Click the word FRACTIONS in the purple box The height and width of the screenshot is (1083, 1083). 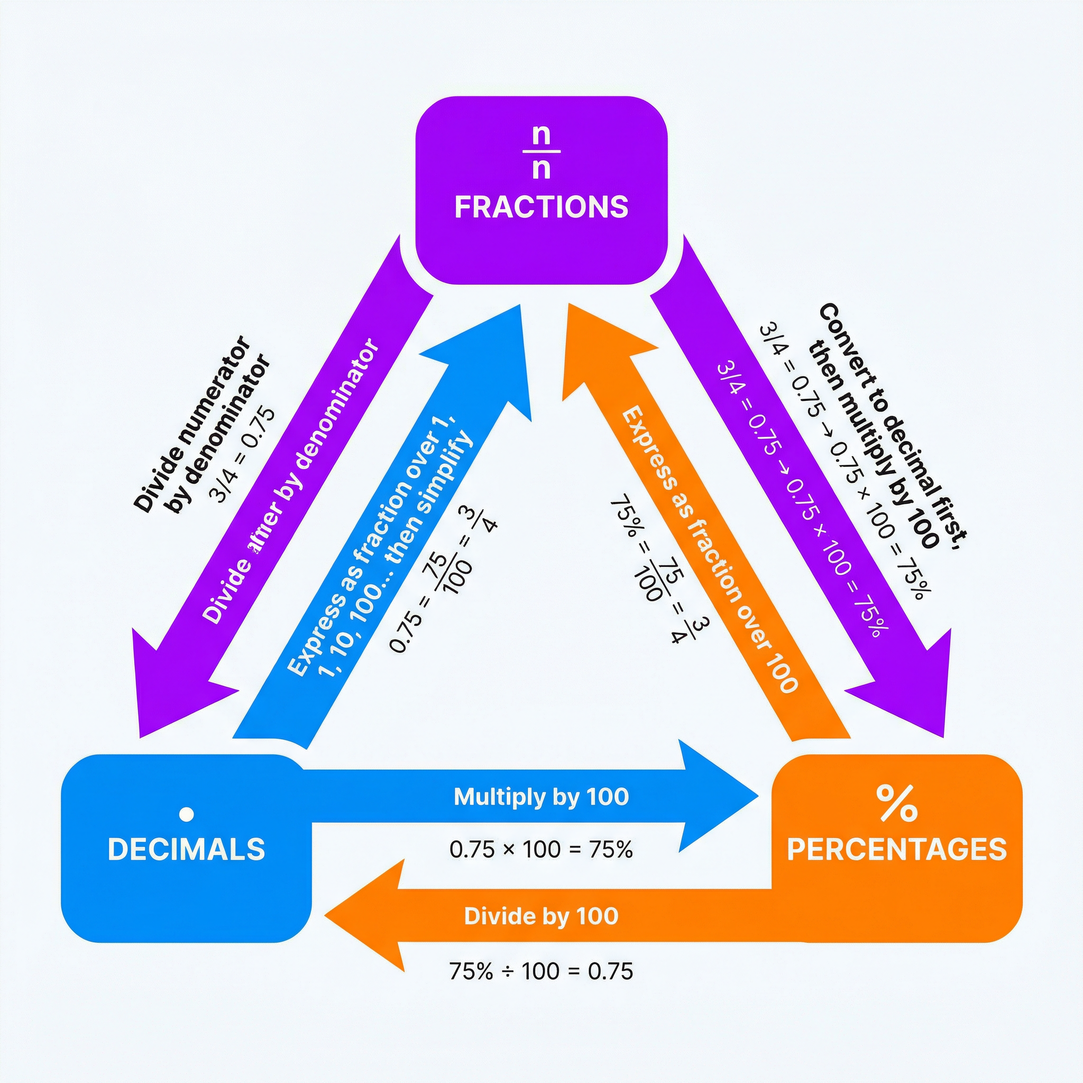coord(541,207)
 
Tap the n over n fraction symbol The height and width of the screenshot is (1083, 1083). coord(541,151)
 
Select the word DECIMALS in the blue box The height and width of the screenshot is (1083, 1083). coord(186,849)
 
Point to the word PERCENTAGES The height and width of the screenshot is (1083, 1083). coord(897,849)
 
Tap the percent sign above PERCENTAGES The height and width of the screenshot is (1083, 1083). coord(897,803)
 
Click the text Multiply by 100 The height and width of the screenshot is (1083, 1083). coord(541,796)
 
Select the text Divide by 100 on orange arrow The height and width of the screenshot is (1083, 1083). coord(541,916)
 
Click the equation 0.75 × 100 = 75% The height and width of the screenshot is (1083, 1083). coord(541,849)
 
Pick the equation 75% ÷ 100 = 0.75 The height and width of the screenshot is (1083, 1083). coord(541,971)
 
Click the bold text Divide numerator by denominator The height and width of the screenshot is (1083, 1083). coord(202,426)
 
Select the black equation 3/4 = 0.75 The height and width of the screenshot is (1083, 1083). coord(242,455)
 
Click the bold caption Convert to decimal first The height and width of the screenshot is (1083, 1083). coord(886,426)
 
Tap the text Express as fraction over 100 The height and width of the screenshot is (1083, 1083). coord(709,549)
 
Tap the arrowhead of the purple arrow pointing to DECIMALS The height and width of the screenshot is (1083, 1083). coord(162,701)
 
